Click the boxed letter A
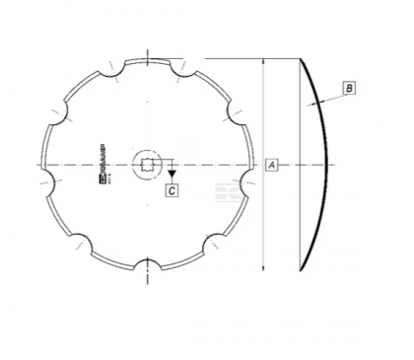pyautogui.click(x=271, y=164)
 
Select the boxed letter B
pyautogui.click(x=350, y=89)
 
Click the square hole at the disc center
pyautogui.click(x=146, y=163)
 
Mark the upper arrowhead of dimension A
pyautogui.click(x=263, y=60)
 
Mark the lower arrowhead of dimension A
pyautogui.click(x=263, y=264)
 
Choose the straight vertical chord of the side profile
pyautogui.click(x=300, y=163)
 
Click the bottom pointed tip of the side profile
pyautogui.click(x=300, y=267)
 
